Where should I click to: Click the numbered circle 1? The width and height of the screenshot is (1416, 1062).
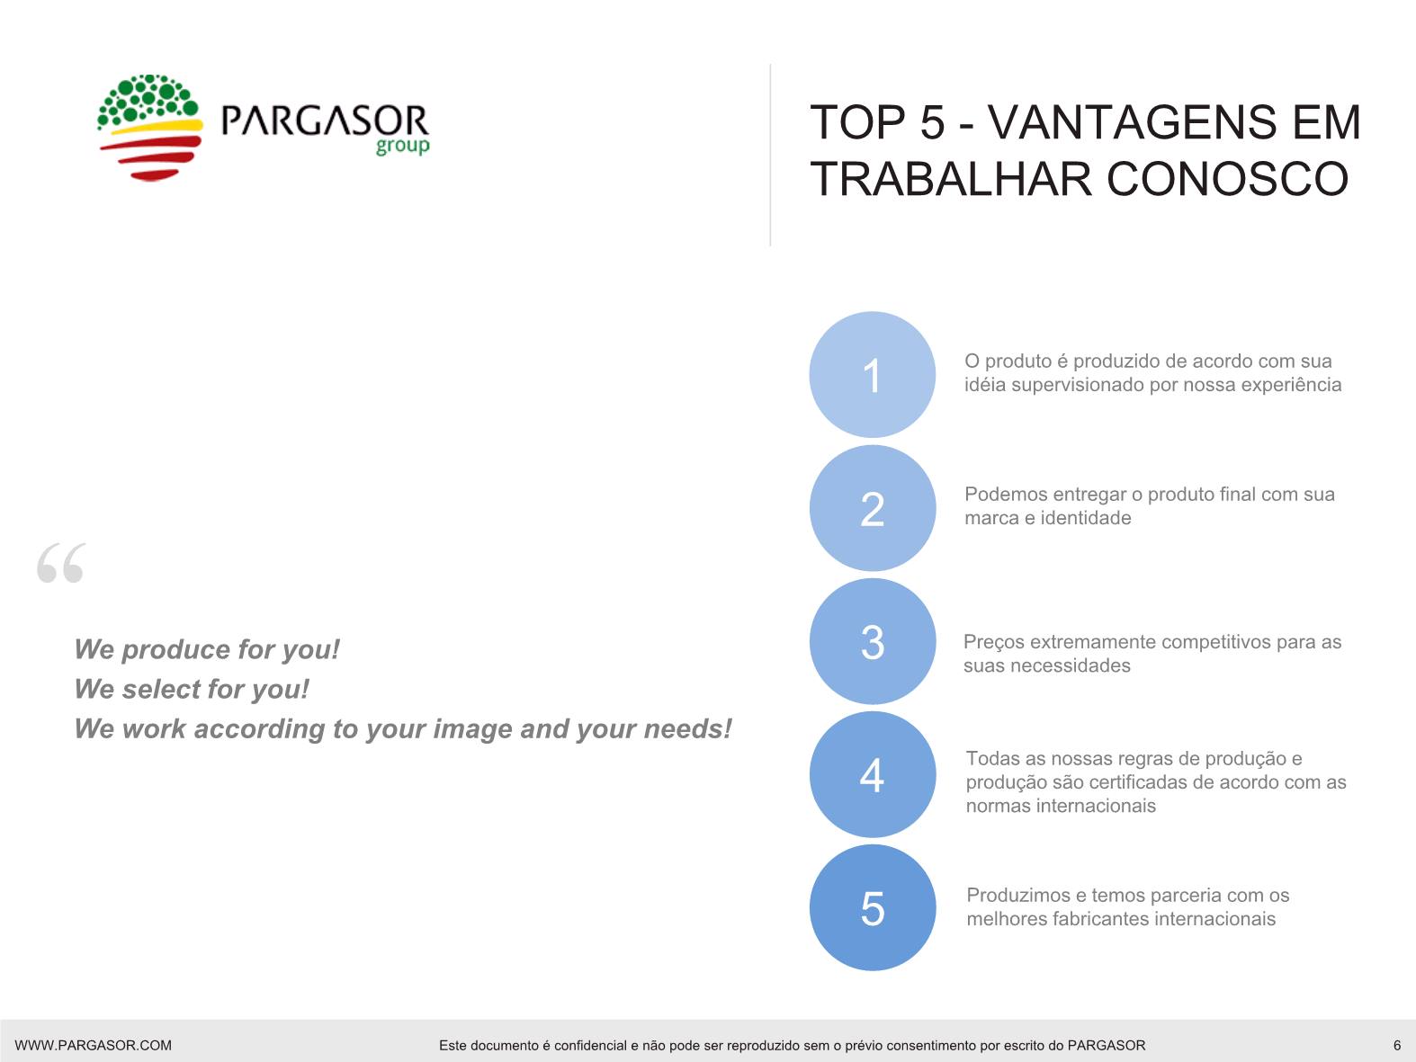pyautogui.click(x=872, y=375)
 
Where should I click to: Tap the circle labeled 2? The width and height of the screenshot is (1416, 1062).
pyautogui.click(x=872, y=508)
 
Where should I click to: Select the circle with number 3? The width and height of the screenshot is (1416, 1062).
pyautogui.click(x=872, y=641)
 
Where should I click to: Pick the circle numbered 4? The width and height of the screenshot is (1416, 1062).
pyautogui.click(x=872, y=774)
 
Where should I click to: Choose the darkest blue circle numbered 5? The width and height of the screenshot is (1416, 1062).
pyautogui.click(x=872, y=907)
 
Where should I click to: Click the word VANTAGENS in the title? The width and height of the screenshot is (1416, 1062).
pyautogui.click(x=1132, y=122)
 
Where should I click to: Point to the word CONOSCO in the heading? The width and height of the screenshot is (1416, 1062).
pyautogui.click(x=1228, y=179)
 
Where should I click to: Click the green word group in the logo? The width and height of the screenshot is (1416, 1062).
pyautogui.click(x=402, y=146)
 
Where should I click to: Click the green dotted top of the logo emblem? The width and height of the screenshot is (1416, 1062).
pyautogui.click(x=148, y=99)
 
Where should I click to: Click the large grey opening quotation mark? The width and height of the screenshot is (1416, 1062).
pyautogui.click(x=61, y=562)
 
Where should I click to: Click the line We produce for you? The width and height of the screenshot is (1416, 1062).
pyautogui.click(x=207, y=649)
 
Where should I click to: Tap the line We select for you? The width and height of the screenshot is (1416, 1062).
pyautogui.click(x=192, y=689)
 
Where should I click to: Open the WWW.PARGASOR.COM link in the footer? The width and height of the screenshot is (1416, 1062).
pyautogui.click(x=94, y=1045)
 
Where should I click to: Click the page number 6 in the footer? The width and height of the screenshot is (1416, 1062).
pyautogui.click(x=1396, y=1045)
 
